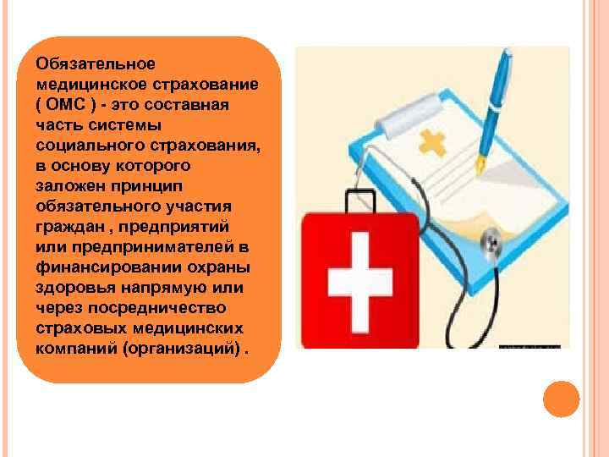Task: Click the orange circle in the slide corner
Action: (x=561, y=399)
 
